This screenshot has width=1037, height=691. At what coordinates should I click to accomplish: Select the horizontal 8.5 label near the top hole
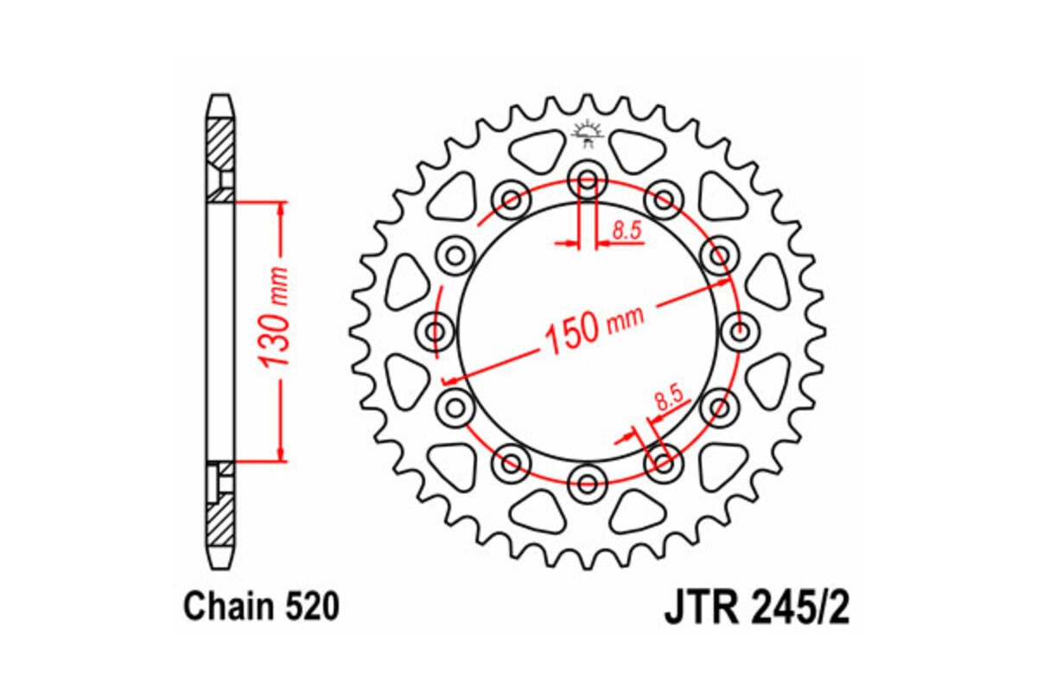[625, 230]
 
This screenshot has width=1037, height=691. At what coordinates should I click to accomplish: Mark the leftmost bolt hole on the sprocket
[437, 332]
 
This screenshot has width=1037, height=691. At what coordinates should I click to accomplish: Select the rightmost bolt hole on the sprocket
[737, 332]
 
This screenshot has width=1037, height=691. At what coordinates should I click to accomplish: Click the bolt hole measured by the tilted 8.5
[663, 461]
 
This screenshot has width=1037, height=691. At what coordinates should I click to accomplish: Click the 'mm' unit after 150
[626, 320]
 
